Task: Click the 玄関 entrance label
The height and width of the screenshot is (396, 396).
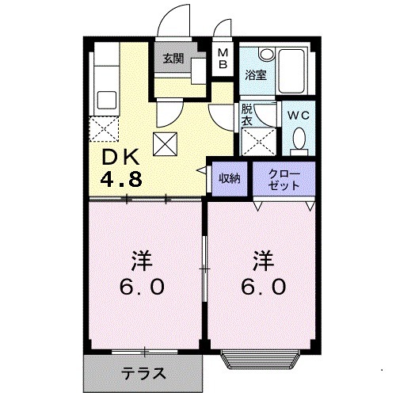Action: [173, 58]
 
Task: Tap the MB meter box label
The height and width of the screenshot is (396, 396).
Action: [223, 58]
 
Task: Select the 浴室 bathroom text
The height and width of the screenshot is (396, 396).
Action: [255, 75]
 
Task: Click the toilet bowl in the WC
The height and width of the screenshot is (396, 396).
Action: [299, 139]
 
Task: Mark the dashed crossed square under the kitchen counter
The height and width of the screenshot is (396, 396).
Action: [105, 128]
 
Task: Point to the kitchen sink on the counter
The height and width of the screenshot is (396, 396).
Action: [105, 101]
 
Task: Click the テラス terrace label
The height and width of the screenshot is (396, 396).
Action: [143, 373]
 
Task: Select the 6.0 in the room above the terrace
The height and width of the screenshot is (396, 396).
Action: [144, 287]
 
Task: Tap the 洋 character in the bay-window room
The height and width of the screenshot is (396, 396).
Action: [264, 259]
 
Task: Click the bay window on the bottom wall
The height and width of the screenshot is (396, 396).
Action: [263, 360]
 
